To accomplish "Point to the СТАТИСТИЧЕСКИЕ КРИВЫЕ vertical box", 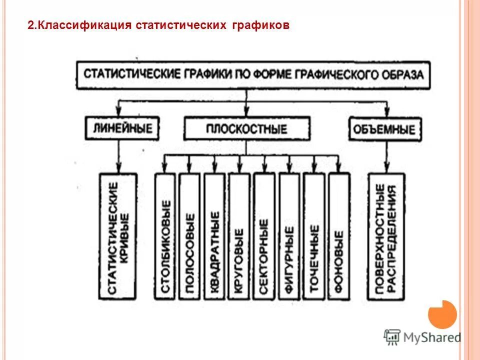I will pyautogui.click(x=118, y=237).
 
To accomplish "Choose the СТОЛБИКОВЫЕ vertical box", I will pyautogui.click(x=165, y=237).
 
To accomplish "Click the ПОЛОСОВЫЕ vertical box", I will pyautogui.click(x=190, y=237).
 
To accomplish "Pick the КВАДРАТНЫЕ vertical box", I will pyautogui.click(x=215, y=237).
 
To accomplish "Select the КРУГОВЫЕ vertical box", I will pyautogui.click(x=239, y=237).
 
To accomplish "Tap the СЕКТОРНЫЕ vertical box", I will pyautogui.click(x=264, y=237).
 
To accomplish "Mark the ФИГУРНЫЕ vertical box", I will pyautogui.click(x=289, y=237).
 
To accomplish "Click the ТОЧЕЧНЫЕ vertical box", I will pyautogui.click(x=314, y=237).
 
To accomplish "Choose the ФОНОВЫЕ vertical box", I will pyautogui.click(x=338, y=237).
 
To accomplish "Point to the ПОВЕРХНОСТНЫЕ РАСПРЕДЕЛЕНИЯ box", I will pyautogui.click(x=386, y=237).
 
